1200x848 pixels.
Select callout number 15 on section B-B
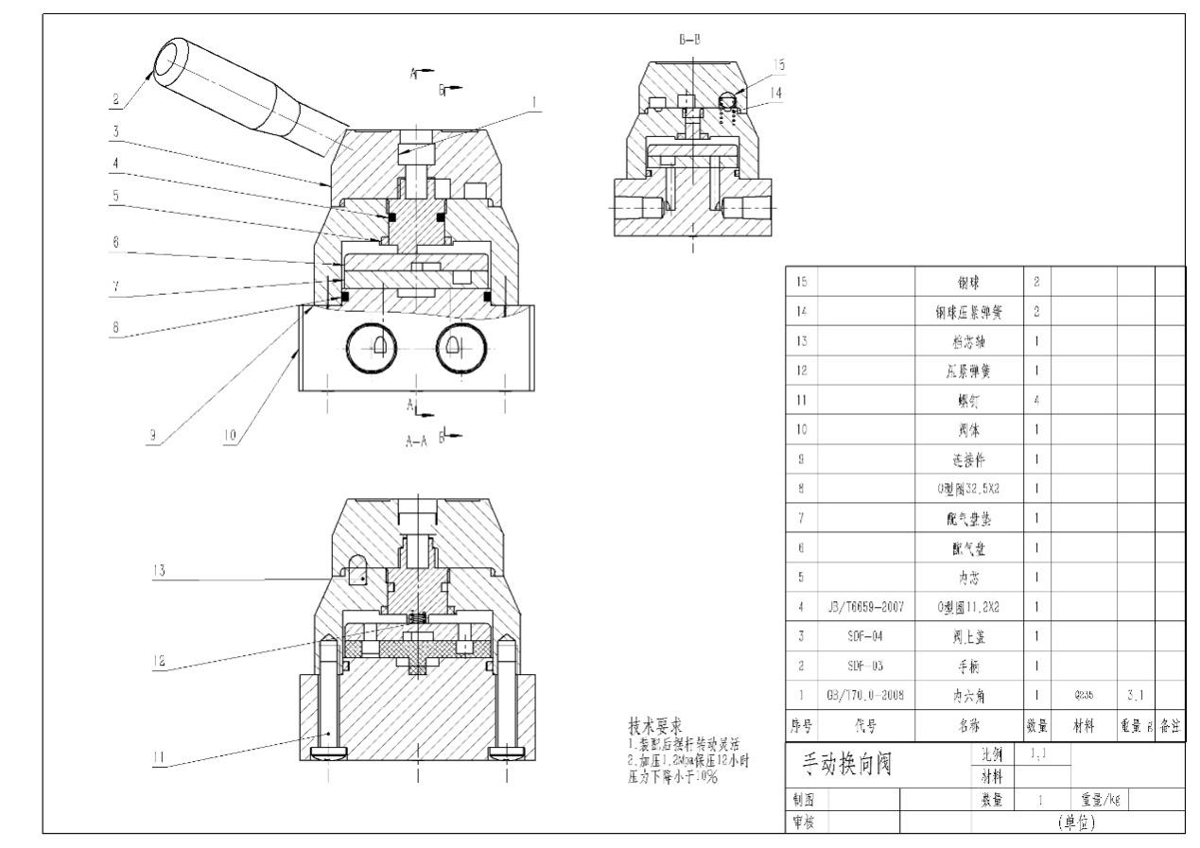tap(779, 63)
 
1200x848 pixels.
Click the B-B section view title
tap(690, 39)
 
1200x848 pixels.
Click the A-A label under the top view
tap(416, 441)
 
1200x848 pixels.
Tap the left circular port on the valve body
tap(376, 349)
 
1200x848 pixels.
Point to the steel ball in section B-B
tap(729, 98)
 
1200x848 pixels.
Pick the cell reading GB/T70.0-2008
tap(856, 695)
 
